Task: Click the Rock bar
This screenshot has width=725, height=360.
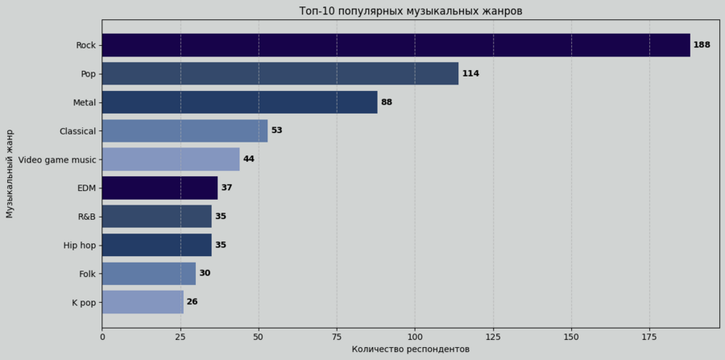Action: point(396,45)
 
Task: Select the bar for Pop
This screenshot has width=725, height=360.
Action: point(280,73)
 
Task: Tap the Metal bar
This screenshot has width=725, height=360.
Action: point(239,102)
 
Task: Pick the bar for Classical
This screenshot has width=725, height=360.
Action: point(184,130)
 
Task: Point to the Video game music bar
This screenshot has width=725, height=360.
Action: point(171,159)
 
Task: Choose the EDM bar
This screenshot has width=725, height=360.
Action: point(159,188)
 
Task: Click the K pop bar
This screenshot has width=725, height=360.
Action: point(143,302)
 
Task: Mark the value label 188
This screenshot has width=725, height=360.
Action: point(702,45)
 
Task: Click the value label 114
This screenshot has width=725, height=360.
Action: point(470,73)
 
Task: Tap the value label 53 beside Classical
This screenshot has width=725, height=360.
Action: point(276,130)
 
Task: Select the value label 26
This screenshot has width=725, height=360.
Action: point(192,302)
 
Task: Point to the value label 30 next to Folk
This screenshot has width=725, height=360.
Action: point(205,274)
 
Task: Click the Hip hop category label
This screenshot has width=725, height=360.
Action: point(80,245)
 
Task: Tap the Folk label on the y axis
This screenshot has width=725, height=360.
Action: point(87,274)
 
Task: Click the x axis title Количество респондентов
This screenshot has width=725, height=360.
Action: point(410,350)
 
